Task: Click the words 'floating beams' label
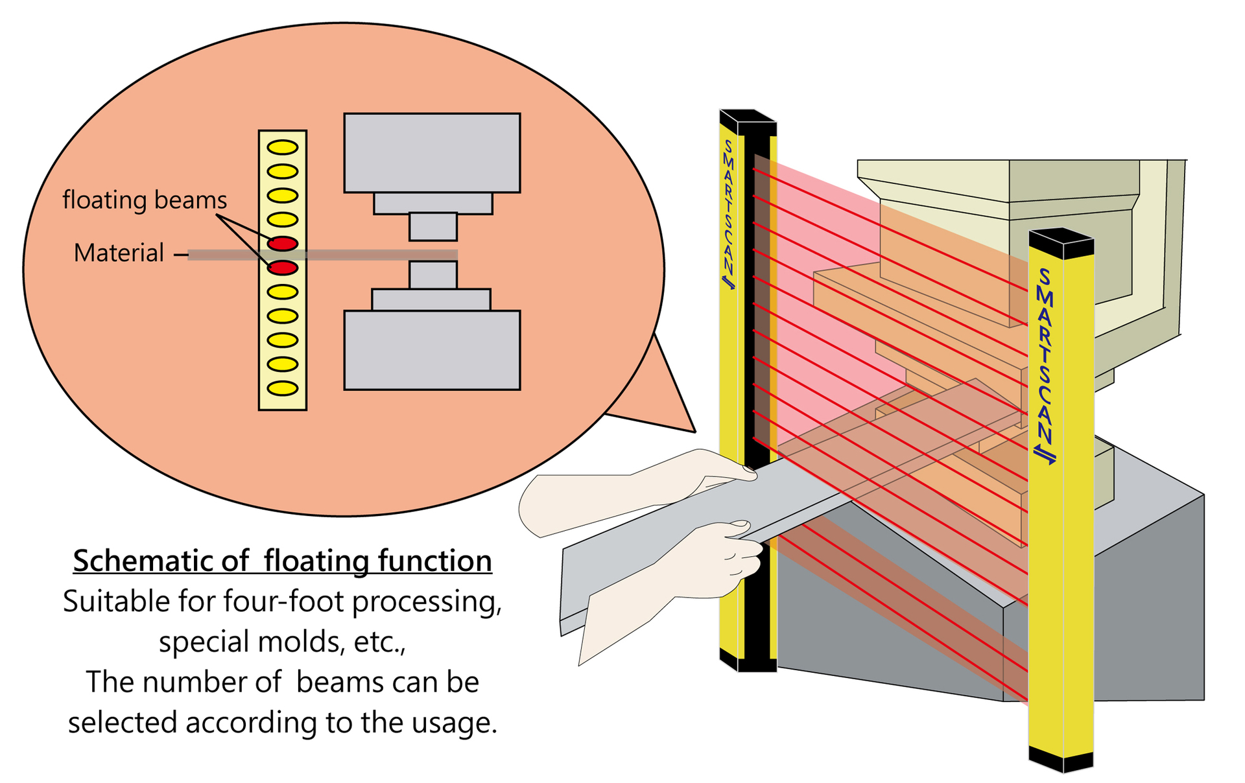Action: tap(145, 200)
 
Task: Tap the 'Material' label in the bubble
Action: tap(119, 253)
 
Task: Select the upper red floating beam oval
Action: tap(283, 244)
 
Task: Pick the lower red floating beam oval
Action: tap(283, 268)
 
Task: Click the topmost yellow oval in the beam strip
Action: tap(283, 147)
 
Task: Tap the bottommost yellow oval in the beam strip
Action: tap(283, 389)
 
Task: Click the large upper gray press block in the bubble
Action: tap(432, 153)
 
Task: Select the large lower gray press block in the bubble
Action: tap(432, 350)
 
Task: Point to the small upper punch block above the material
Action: tap(433, 227)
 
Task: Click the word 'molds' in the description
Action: tap(300, 642)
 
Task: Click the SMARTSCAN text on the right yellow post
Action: tap(1045, 366)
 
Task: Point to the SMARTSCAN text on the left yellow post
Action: tap(729, 215)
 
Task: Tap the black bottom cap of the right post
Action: tap(1061, 759)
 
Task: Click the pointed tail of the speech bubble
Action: tap(694, 432)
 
